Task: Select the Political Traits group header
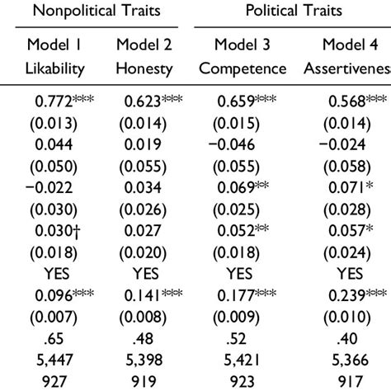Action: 292,11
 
